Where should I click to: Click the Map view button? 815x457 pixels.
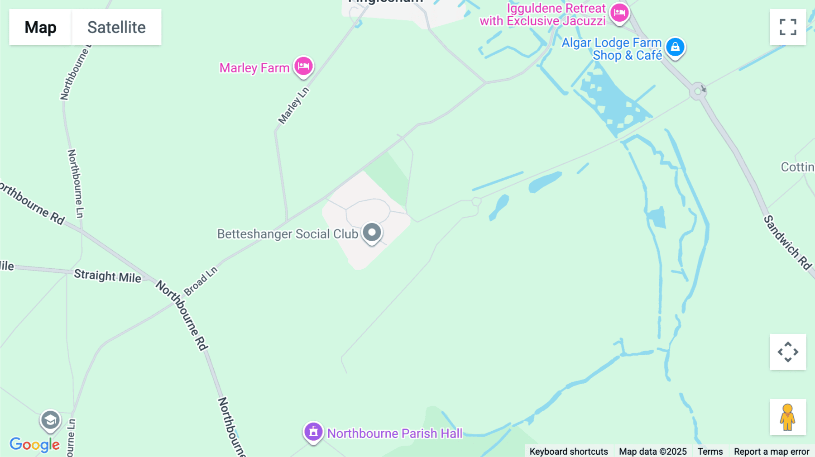[40, 27]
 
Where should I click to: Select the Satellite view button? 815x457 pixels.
[116, 27]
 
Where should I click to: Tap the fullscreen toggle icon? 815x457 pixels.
[788, 27]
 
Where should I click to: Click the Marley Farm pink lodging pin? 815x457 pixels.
[303, 67]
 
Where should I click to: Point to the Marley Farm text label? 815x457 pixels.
[254, 68]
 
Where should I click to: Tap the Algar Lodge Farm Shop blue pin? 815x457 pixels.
[675, 47]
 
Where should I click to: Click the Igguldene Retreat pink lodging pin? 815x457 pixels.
[619, 13]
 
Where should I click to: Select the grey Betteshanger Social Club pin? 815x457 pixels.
[372, 233]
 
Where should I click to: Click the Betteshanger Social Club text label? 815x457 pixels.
[288, 234]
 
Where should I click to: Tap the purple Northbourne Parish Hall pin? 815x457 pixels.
[313, 432]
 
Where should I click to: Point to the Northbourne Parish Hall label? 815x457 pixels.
[394, 433]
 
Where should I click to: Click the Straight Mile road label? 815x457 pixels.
[108, 276]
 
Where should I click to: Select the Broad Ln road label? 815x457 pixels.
[201, 281]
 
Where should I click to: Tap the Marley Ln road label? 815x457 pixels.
[293, 105]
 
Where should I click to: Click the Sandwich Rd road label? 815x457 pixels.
[787, 243]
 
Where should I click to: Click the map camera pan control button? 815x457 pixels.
[788, 352]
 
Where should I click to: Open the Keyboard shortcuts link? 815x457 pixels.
[568, 451]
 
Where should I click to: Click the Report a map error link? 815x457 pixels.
[771, 451]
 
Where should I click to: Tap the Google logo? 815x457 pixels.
[34, 444]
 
